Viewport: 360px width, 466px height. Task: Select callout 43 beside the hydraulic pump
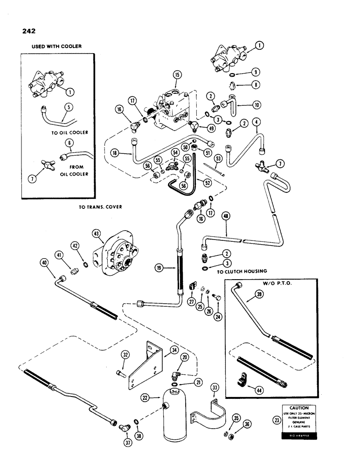pos(97,233)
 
